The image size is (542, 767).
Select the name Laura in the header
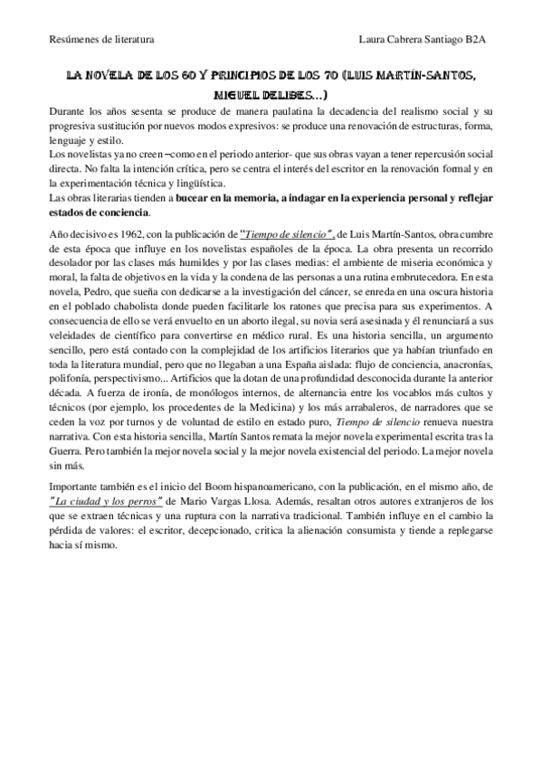coord(375,40)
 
